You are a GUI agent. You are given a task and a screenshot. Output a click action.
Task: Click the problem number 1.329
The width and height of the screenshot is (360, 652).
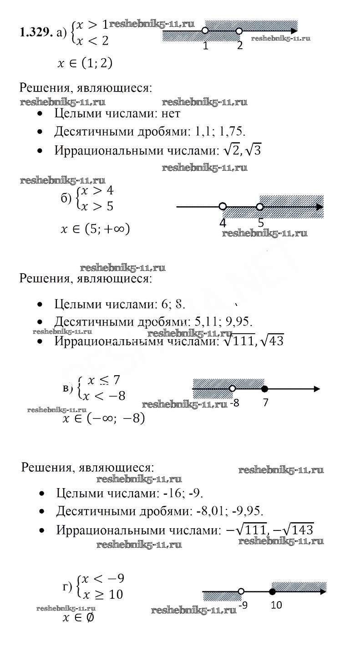click(35, 32)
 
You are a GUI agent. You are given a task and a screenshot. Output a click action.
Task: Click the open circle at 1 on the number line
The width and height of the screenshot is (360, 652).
click(205, 31)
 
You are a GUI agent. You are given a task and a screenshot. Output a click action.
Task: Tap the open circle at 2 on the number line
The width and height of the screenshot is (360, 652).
click(239, 31)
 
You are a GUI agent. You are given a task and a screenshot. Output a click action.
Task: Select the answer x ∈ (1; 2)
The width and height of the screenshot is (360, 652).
click(85, 63)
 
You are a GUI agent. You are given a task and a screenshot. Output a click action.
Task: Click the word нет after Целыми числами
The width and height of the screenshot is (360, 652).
click(171, 113)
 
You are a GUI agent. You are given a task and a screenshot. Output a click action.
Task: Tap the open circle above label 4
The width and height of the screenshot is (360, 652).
click(223, 206)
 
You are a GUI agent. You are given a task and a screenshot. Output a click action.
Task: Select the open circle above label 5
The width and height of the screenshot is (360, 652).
click(259, 207)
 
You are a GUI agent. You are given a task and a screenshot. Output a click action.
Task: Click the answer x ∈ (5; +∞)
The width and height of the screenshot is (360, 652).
click(95, 229)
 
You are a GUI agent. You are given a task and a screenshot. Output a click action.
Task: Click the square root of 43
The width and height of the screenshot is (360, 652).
click(273, 340)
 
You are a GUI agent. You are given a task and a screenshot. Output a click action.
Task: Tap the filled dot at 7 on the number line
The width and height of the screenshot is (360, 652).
click(265, 389)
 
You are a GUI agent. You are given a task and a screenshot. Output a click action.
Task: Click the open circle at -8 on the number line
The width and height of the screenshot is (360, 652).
click(232, 388)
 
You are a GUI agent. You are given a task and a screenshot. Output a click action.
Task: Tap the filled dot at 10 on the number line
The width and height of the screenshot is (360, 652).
click(272, 592)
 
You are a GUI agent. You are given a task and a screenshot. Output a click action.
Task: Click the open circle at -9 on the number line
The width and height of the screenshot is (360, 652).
click(241, 591)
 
